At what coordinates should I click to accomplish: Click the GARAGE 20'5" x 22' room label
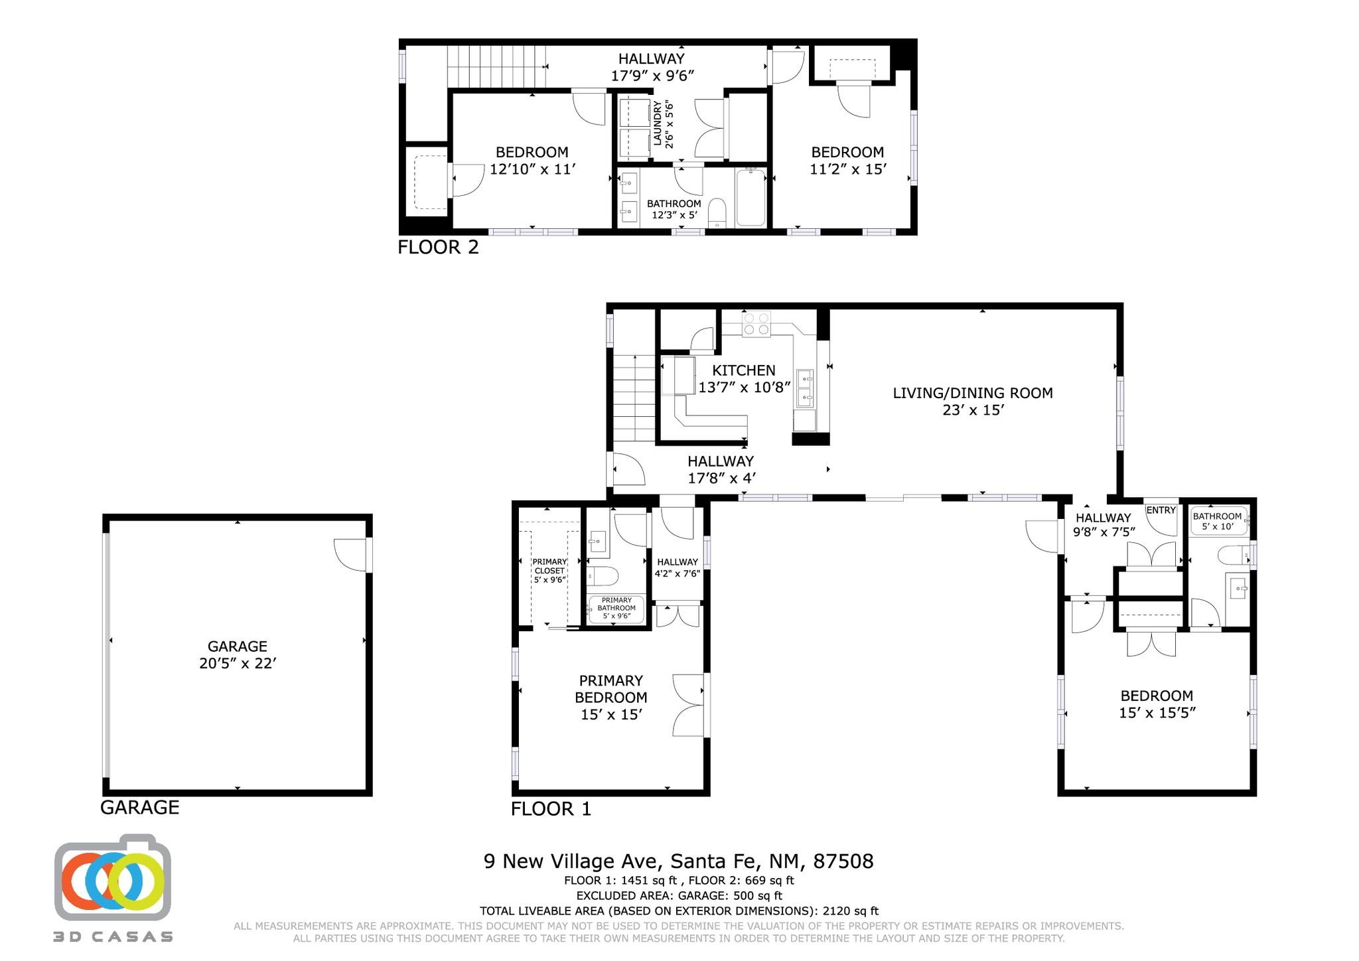pyautogui.click(x=237, y=654)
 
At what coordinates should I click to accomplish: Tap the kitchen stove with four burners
pyautogui.click(x=756, y=323)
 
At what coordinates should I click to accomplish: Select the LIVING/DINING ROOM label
pyautogui.click(x=972, y=401)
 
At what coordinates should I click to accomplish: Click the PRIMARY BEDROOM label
pyautogui.click(x=610, y=697)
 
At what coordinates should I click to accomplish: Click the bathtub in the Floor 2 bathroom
pyautogui.click(x=751, y=198)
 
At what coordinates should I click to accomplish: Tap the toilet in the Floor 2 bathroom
pyautogui.click(x=717, y=212)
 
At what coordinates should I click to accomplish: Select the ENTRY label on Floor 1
pyautogui.click(x=1161, y=510)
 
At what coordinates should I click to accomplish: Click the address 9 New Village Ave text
pyautogui.click(x=678, y=861)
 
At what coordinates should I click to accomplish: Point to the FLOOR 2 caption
pyautogui.click(x=438, y=247)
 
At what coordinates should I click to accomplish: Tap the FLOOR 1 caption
pyautogui.click(x=551, y=808)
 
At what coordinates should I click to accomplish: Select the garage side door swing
pyautogui.click(x=350, y=554)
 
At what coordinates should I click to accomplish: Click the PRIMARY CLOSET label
pyautogui.click(x=549, y=570)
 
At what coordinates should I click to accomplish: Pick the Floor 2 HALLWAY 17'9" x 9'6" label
pyautogui.click(x=652, y=67)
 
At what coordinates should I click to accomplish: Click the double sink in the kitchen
pyautogui.click(x=805, y=388)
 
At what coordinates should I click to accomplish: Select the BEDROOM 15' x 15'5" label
pyautogui.click(x=1157, y=703)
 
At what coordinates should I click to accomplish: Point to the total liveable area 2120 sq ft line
pyautogui.click(x=678, y=911)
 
